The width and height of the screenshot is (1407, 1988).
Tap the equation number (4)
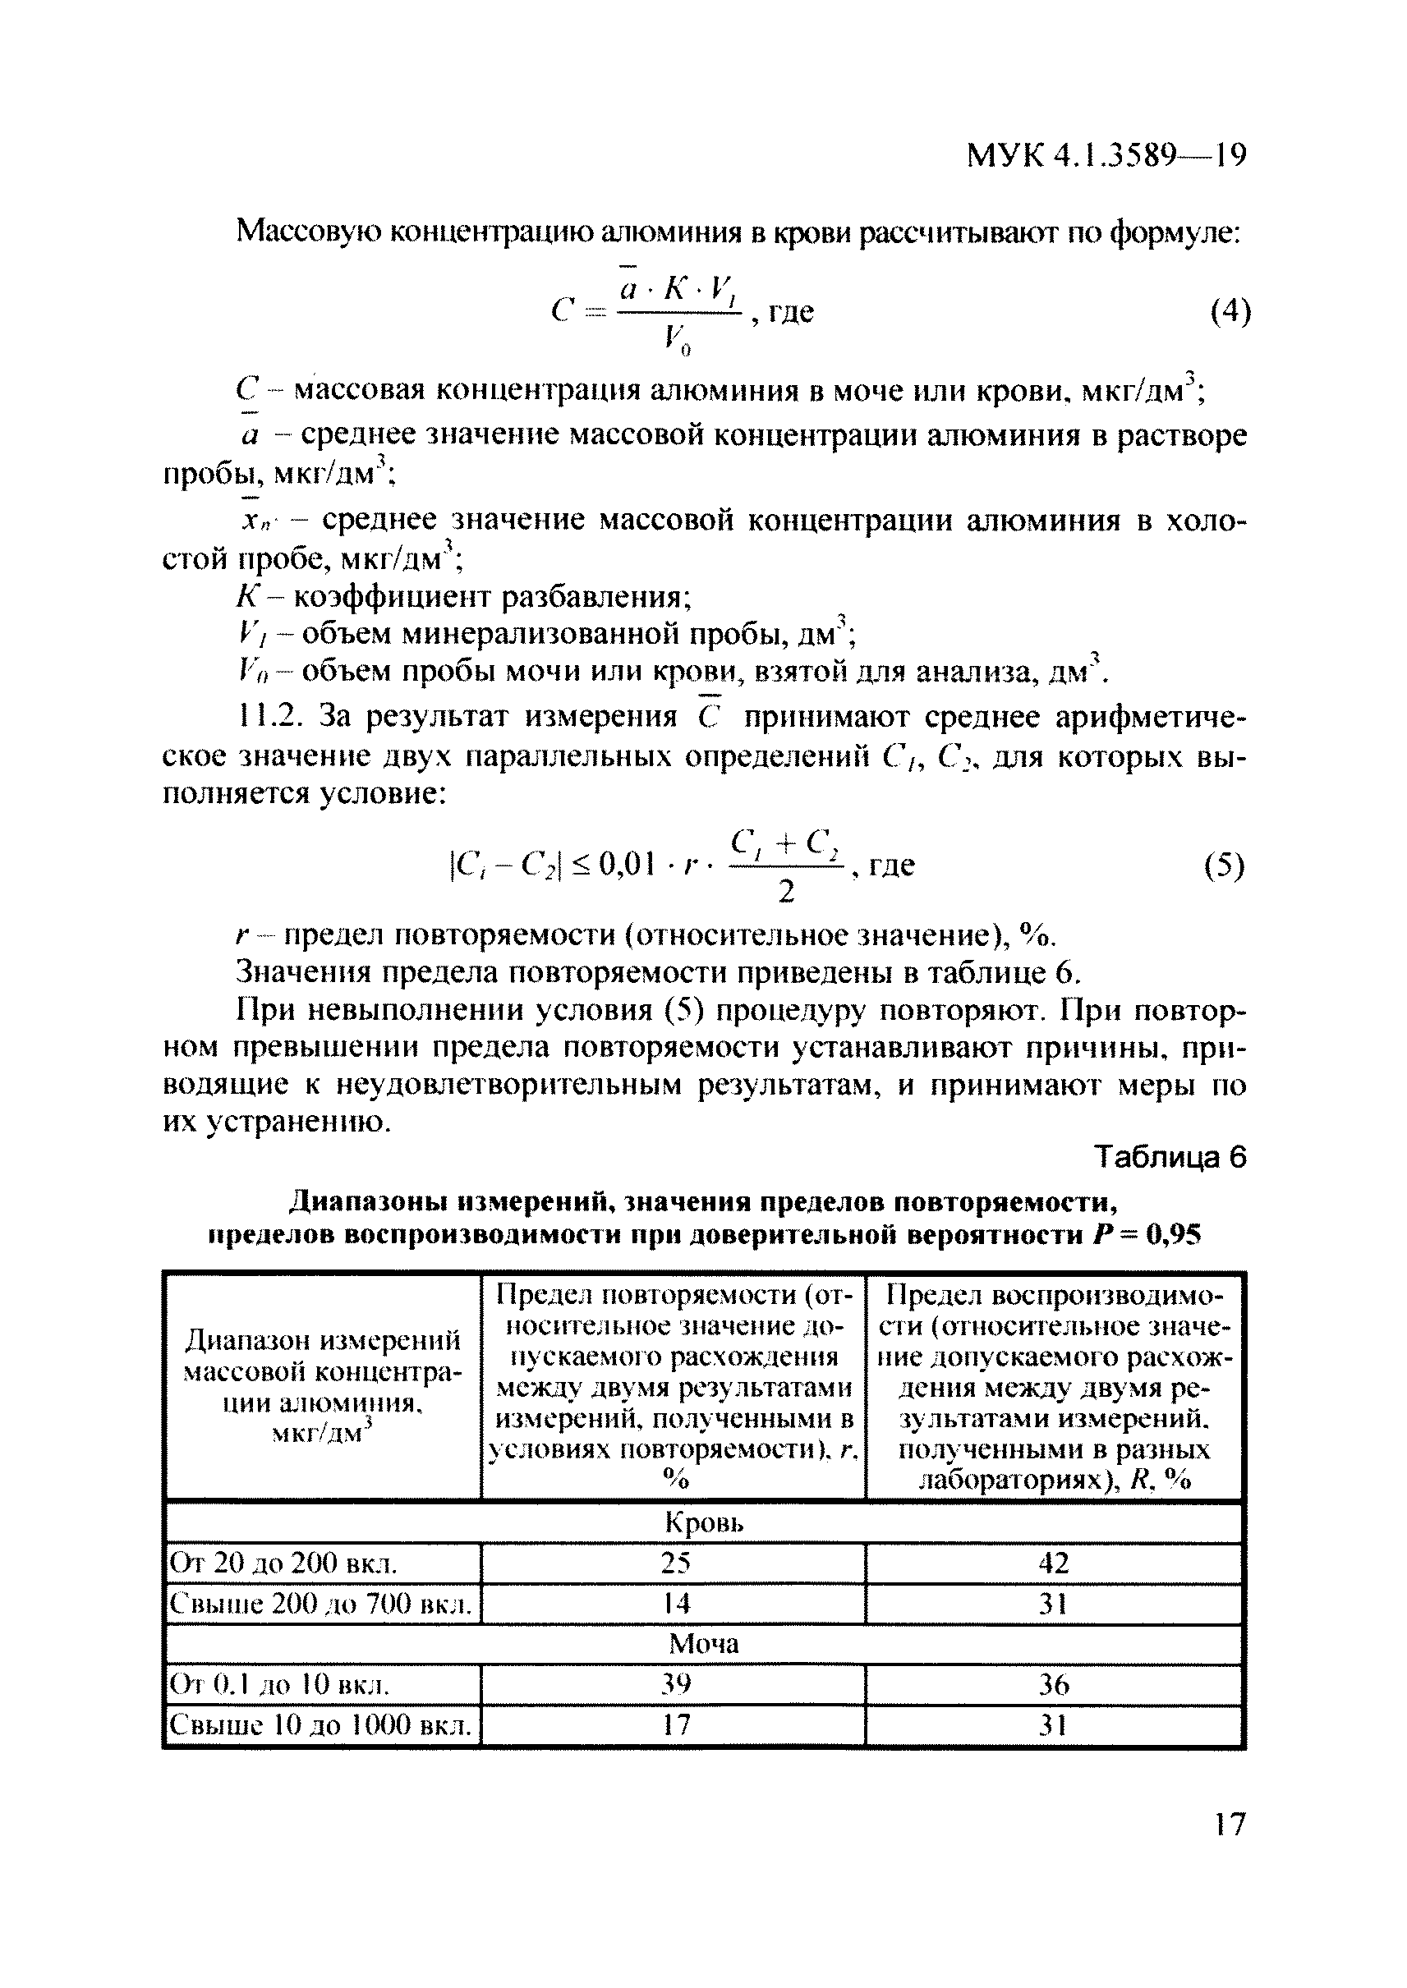tap(1230, 311)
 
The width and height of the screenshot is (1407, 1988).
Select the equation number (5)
tap(1224, 866)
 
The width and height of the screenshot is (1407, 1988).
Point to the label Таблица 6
tap(1170, 1157)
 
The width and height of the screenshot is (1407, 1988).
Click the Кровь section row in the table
tap(703, 1522)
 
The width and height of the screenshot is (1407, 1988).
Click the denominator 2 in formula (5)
tap(786, 891)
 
